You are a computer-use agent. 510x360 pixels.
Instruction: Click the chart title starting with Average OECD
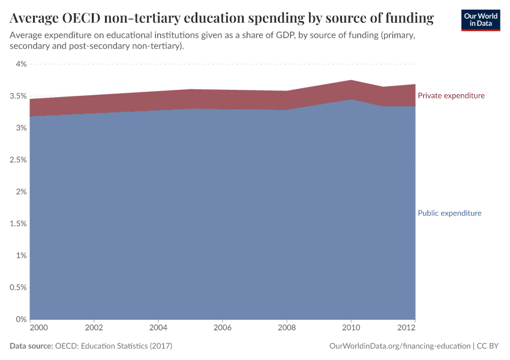[x=221, y=19]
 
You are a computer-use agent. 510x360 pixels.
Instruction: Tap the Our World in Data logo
[x=480, y=20]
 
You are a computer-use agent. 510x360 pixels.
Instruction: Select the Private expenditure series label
[x=451, y=96]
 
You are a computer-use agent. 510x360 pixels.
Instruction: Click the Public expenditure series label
[x=449, y=213]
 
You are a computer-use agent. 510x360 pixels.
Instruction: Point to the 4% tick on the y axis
[x=20, y=64]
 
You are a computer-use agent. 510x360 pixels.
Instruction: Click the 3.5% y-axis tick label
[x=17, y=96]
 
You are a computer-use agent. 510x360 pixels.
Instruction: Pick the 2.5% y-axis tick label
[x=17, y=160]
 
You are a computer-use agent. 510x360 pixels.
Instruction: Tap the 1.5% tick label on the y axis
[x=17, y=224]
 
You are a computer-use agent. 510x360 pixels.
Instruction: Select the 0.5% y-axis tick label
[x=17, y=287]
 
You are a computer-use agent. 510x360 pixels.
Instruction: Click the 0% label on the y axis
[x=22, y=319]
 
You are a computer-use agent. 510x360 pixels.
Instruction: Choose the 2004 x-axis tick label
[x=158, y=328]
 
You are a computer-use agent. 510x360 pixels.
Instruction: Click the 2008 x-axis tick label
[x=287, y=328]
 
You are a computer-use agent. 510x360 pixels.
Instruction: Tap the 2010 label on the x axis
[x=351, y=328]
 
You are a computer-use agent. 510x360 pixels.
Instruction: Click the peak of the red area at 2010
[x=351, y=80]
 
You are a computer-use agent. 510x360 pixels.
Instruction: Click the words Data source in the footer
[x=31, y=346]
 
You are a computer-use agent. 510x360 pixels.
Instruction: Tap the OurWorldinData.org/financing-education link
[x=400, y=346]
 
